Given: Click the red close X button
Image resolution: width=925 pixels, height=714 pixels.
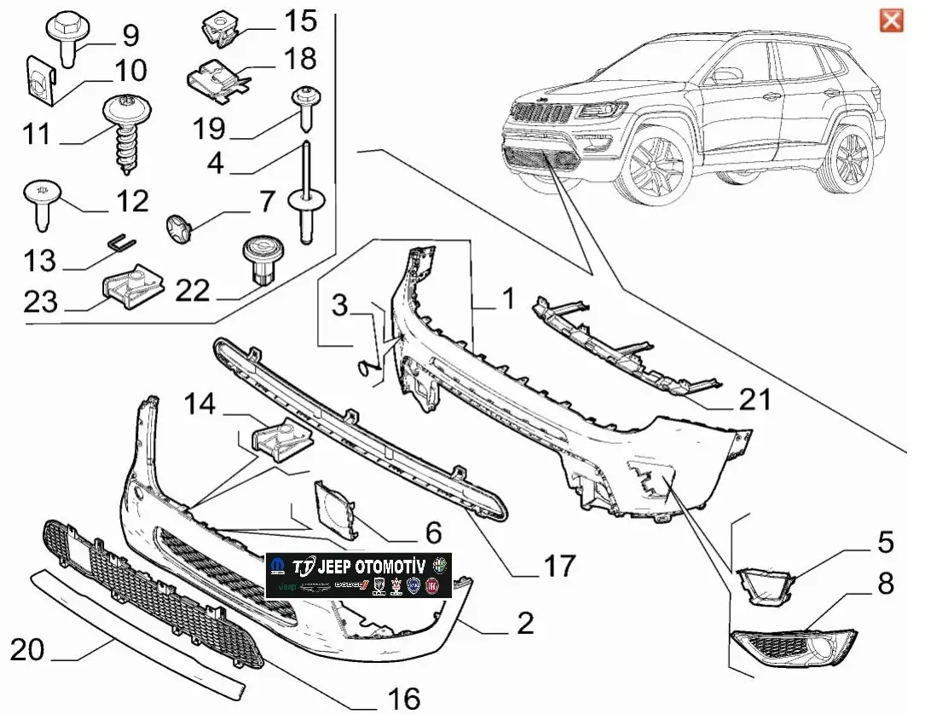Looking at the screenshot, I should pyautogui.click(x=891, y=20).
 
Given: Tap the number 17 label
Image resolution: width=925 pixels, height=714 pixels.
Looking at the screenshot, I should pyautogui.click(x=559, y=565).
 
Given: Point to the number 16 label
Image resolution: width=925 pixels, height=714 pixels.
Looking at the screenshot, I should pyautogui.click(x=404, y=699).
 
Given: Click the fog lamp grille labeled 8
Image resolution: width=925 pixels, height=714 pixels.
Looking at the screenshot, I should pyautogui.click(x=792, y=648).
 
